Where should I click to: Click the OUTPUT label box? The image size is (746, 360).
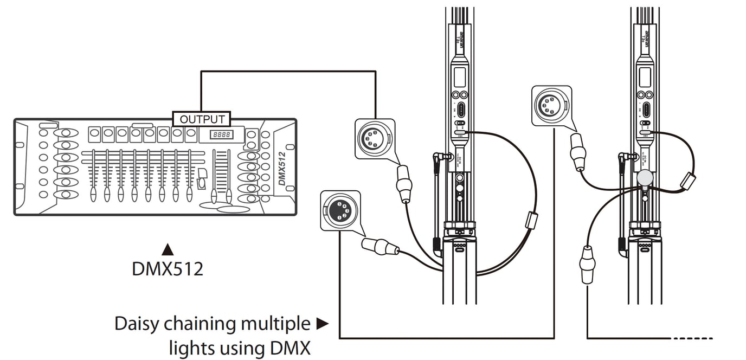(202, 119)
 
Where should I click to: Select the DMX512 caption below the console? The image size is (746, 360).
(168, 268)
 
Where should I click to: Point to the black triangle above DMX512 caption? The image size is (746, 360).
(168, 249)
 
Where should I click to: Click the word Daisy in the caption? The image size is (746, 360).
(136, 324)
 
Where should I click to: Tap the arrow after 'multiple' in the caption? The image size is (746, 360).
(323, 324)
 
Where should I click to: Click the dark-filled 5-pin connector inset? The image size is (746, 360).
(340, 210)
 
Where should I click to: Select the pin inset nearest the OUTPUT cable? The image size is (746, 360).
(375, 139)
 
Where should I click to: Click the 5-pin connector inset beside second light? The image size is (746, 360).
(551, 105)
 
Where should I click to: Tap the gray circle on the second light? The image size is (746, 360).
(645, 177)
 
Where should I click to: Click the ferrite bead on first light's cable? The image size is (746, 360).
(531, 220)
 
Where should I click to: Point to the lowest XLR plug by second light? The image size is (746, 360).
(587, 264)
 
